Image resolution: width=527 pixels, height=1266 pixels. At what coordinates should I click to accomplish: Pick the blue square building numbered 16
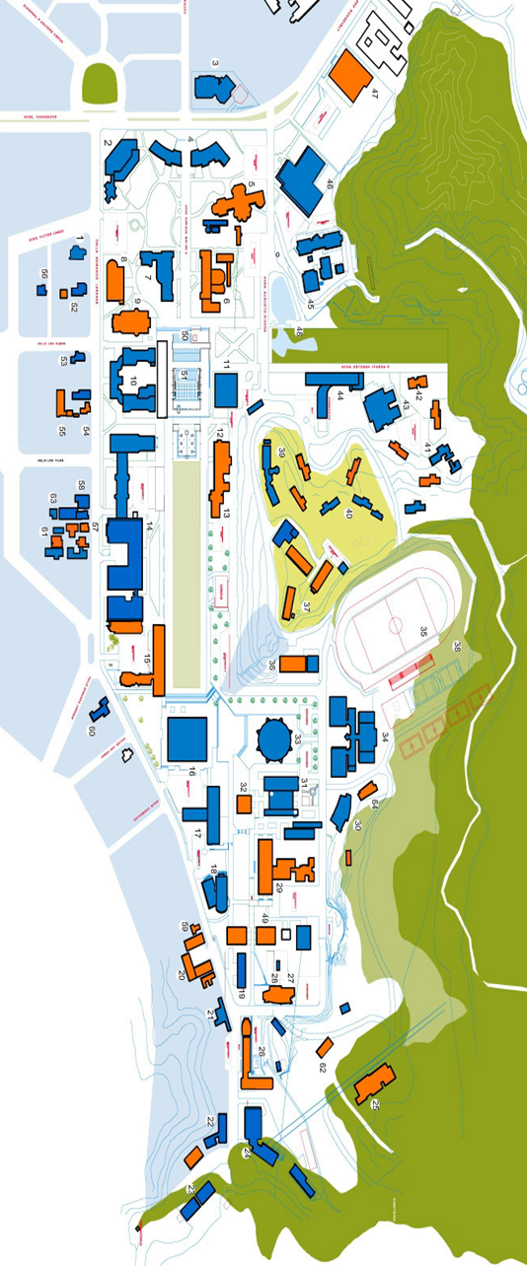click(x=188, y=738)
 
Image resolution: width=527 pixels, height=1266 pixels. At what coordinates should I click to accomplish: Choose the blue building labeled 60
click(x=99, y=710)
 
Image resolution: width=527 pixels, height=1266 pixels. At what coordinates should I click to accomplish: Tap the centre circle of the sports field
click(x=395, y=624)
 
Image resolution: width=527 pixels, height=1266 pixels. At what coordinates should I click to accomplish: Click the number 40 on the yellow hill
click(x=347, y=513)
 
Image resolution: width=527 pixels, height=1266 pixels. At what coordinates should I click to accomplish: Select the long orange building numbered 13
click(x=220, y=477)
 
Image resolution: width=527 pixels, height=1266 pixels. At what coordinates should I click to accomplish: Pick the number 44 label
click(x=339, y=395)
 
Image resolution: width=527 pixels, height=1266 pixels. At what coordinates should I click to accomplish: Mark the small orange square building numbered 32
click(x=244, y=804)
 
